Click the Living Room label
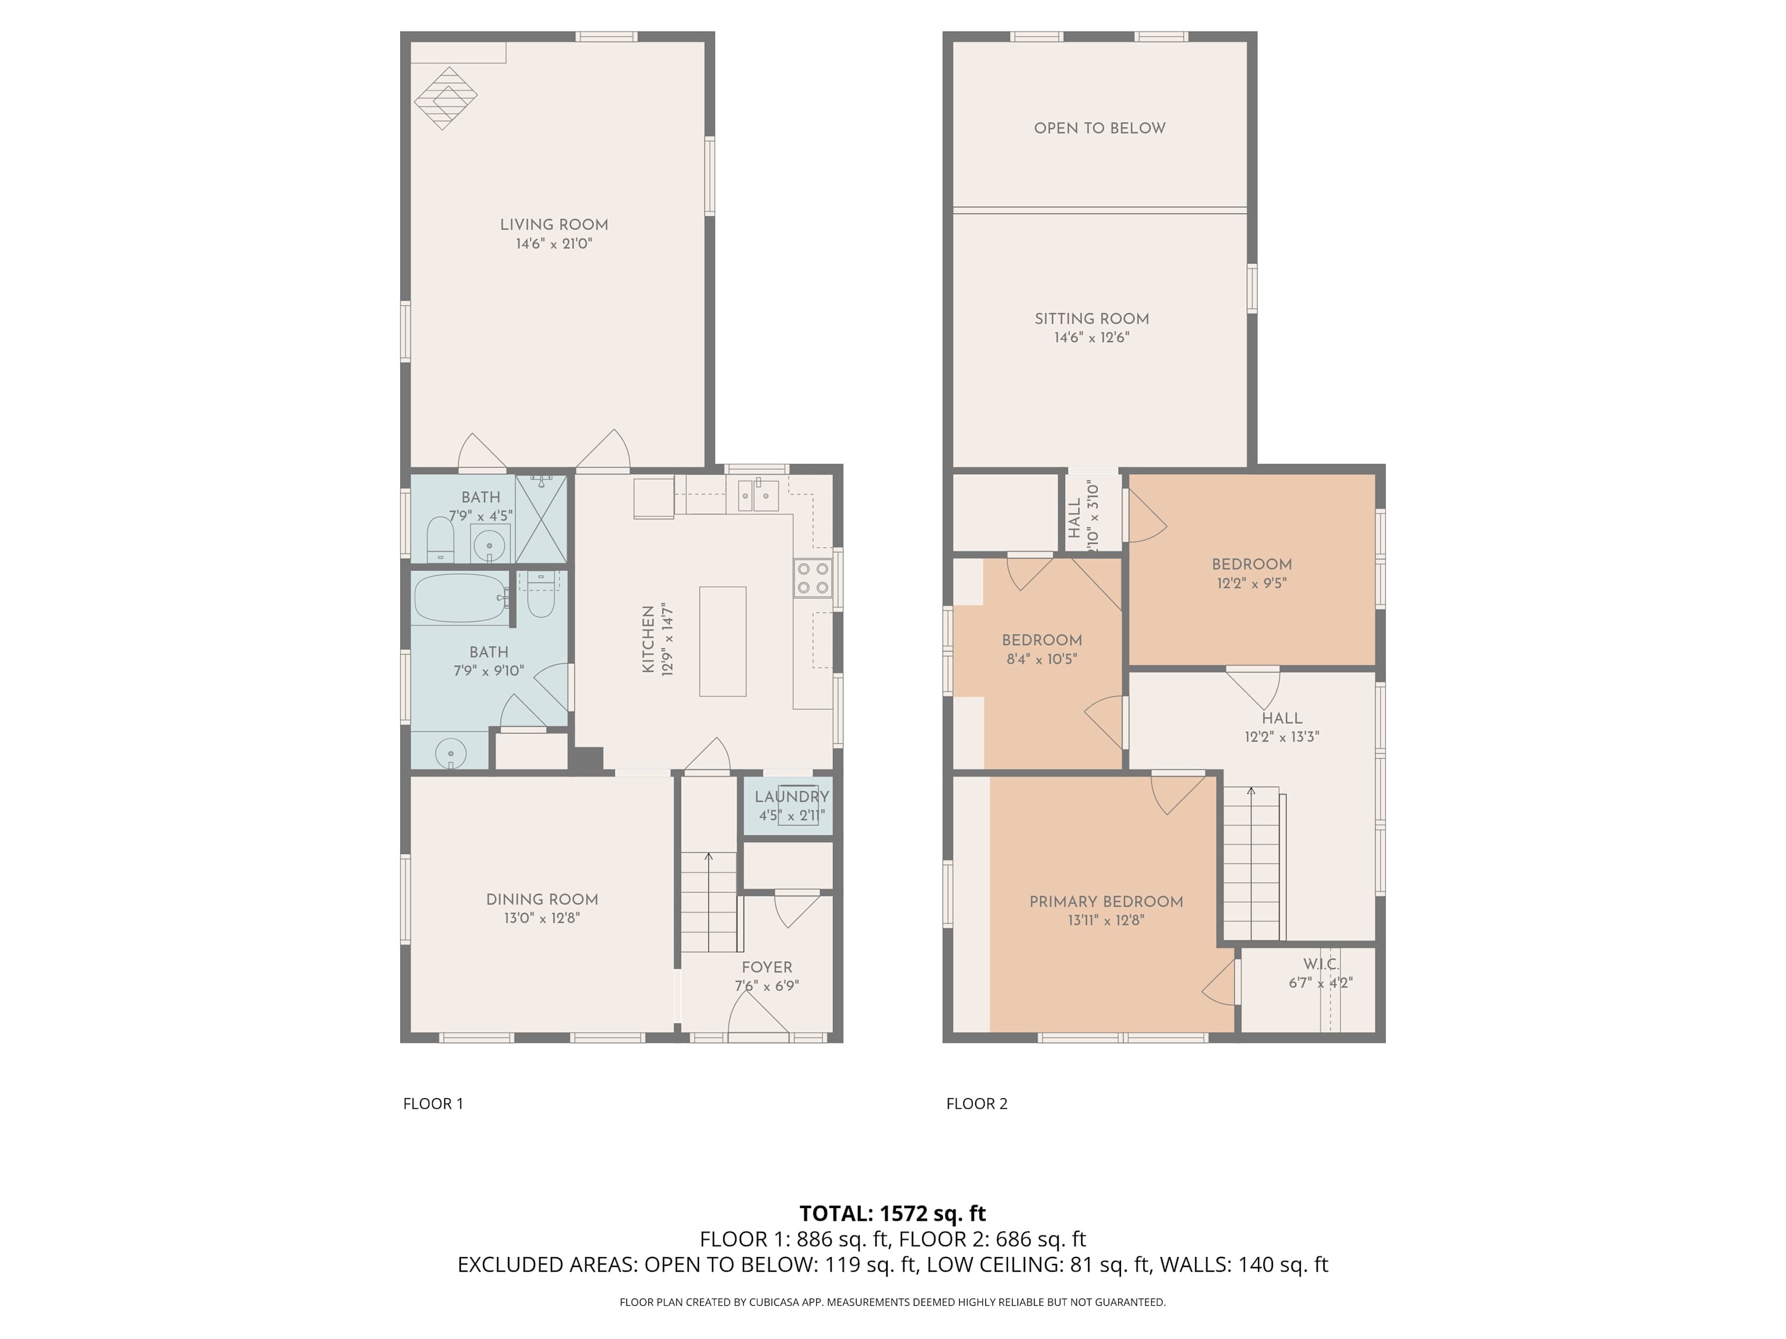point(554,225)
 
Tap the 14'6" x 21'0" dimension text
point(554,244)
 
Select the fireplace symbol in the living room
point(446,98)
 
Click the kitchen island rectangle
point(723,642)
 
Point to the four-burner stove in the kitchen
point(814,578)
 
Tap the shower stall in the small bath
point(541,519)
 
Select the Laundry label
point(792,797)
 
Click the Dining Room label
point(542,899)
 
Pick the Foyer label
point(767,967)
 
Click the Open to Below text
point(1100,129)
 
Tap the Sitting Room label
point(1092,319)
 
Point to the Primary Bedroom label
point(1106,902)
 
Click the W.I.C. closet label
point(1321,965)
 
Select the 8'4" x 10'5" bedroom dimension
point(1042,659)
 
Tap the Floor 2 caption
point(977,1104)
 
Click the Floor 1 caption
point(433,1104)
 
